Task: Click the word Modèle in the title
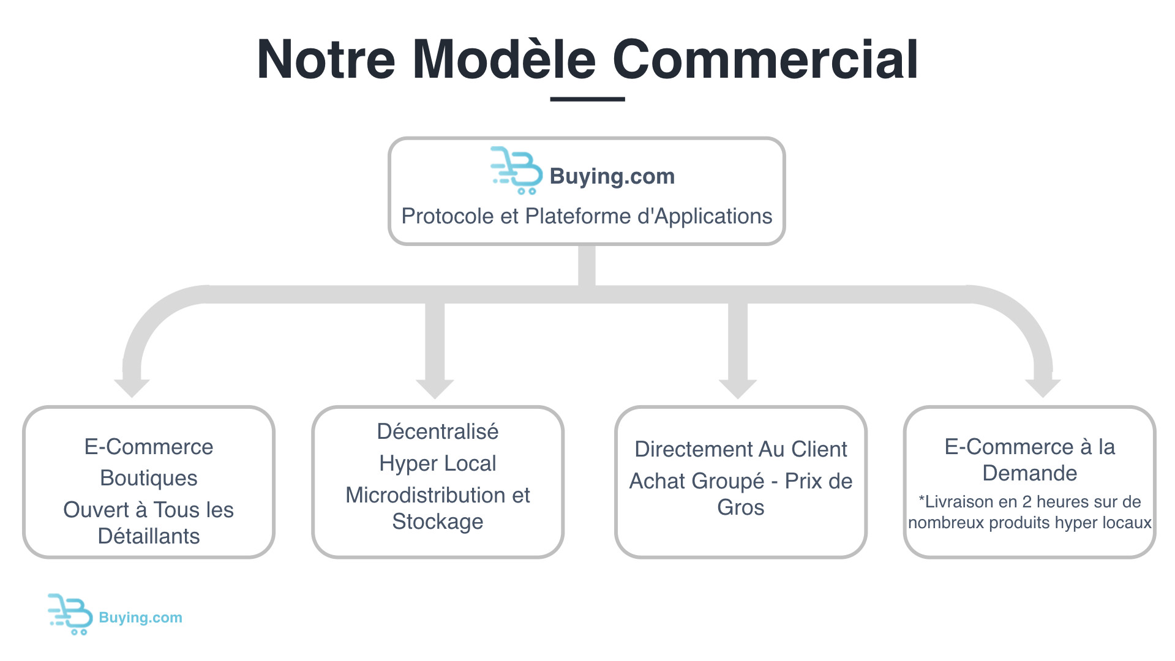(504, 59)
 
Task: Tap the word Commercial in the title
(765, 59)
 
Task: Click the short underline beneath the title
(587, 99)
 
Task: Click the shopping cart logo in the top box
(516, 170)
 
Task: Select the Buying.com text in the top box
(612, 176)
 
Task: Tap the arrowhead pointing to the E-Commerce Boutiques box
(132, 388)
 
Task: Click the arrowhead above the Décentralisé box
(435, 389)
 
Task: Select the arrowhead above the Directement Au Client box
(738, 389)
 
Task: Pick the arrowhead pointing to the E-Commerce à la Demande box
(1043, 388)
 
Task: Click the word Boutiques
(149, 478)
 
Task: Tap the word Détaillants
(149, 536)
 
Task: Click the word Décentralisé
(438, 431)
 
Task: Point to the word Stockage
(438, 521)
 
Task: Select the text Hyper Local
(438, 463)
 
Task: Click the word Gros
(741, 507)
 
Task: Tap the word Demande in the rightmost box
(1030, 473)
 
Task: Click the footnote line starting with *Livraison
(1030, 502)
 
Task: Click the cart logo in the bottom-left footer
(70, 614)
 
